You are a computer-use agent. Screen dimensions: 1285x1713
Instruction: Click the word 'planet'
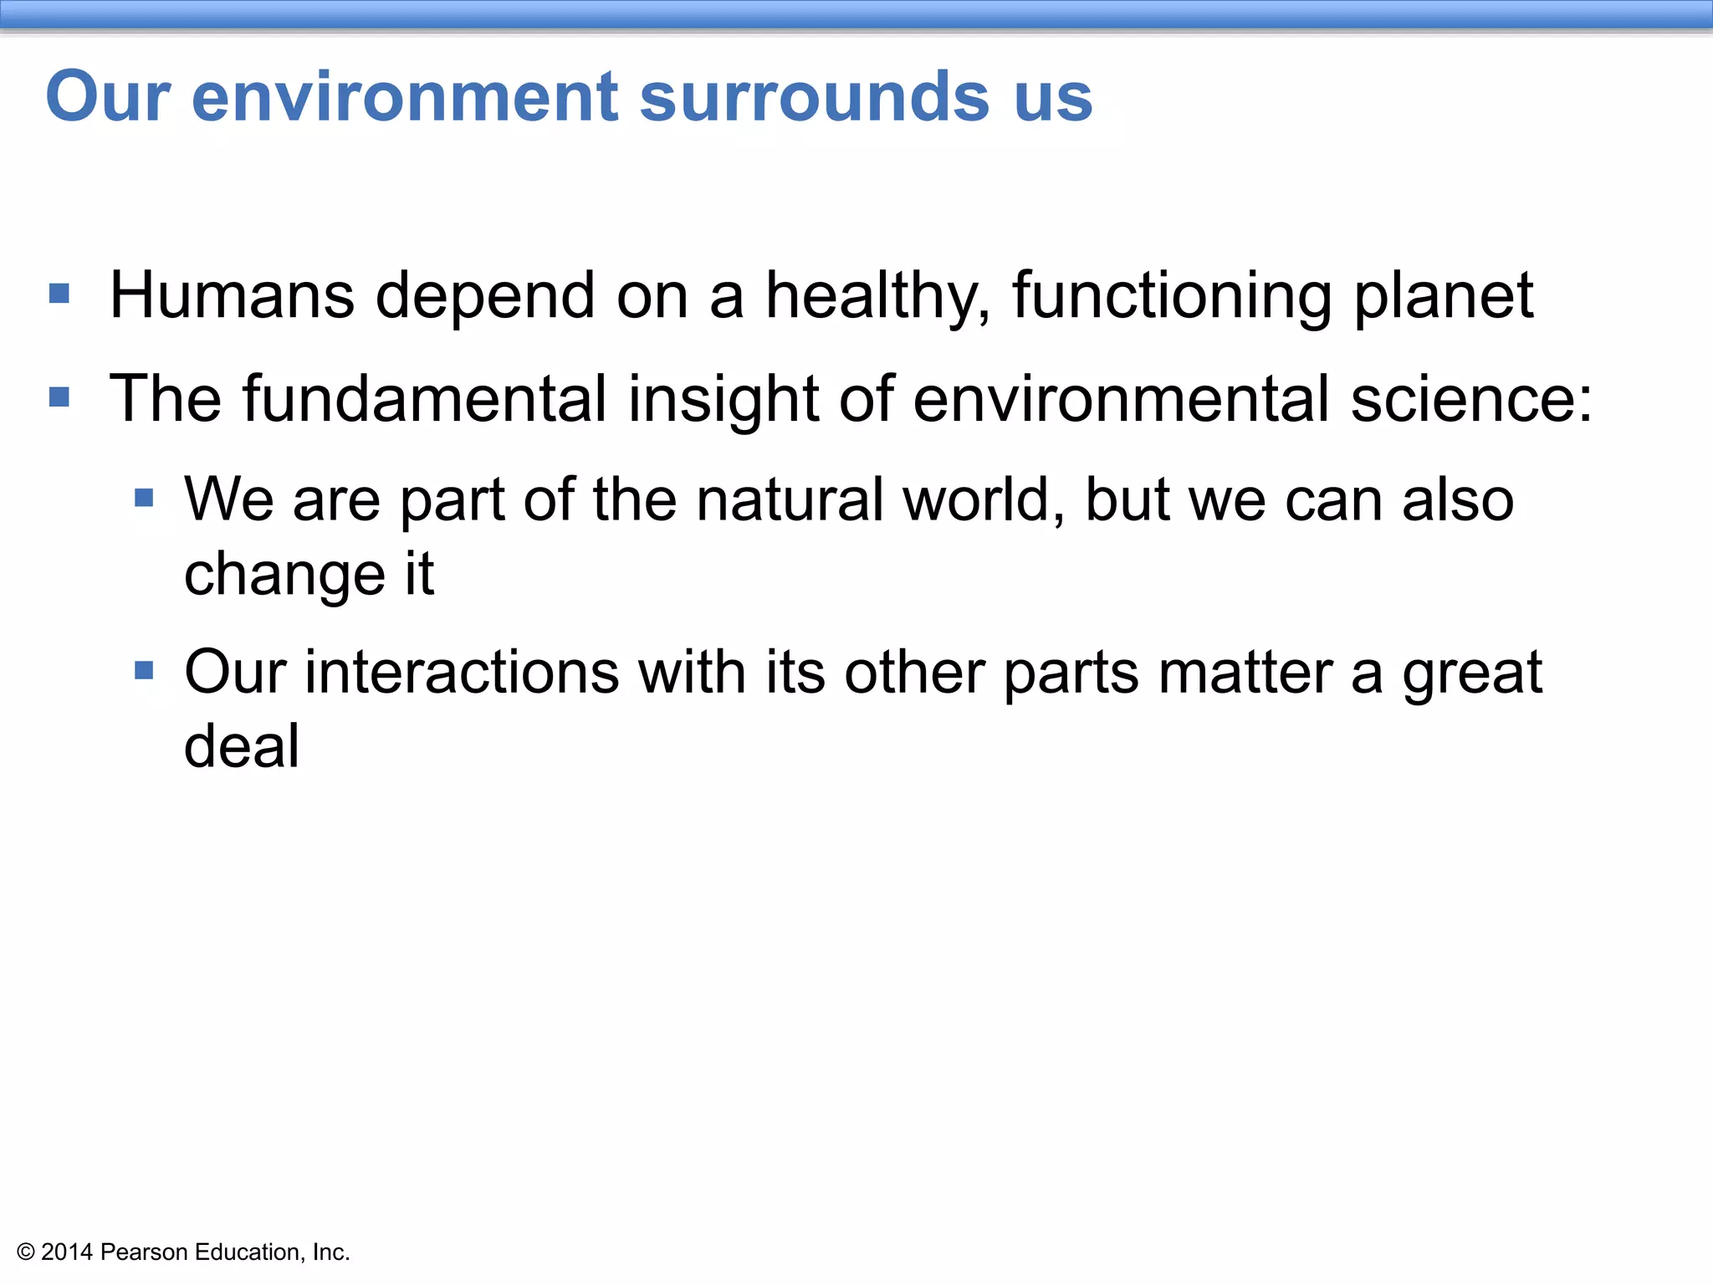tap(1444, 297)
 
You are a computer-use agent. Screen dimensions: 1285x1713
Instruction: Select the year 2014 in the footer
tap(67, 1252)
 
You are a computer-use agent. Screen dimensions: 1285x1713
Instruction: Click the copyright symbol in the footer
tap(26, 1252)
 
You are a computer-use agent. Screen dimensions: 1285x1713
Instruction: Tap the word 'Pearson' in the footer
tap(144, 1252)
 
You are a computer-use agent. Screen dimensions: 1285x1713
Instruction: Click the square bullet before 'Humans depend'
tap(59, 293)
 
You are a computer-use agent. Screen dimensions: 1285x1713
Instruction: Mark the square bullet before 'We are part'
tap(144, 499)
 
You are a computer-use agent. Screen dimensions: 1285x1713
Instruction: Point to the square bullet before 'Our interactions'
tap(144, 670)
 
